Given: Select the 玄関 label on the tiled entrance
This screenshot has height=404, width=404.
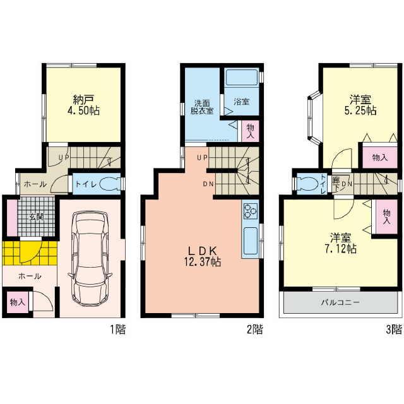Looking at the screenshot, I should pos(35,217).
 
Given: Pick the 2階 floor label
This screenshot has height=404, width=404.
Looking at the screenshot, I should pos(254,329).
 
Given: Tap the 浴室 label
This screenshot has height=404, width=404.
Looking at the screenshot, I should pos(241,101).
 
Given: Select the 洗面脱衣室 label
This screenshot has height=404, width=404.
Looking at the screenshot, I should pos(203,106).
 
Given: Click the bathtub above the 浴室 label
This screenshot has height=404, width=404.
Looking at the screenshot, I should pos(241,78).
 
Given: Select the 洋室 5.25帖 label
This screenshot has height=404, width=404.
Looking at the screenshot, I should pos(363,105).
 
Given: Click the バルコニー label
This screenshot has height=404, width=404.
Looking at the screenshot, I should pos(343,303).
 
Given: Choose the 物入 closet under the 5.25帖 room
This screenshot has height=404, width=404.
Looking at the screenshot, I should pos(379,158).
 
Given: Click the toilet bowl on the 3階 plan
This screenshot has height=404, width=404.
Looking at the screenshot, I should pos(308,183).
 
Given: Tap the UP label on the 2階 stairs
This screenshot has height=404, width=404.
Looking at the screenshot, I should pos(202,157).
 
